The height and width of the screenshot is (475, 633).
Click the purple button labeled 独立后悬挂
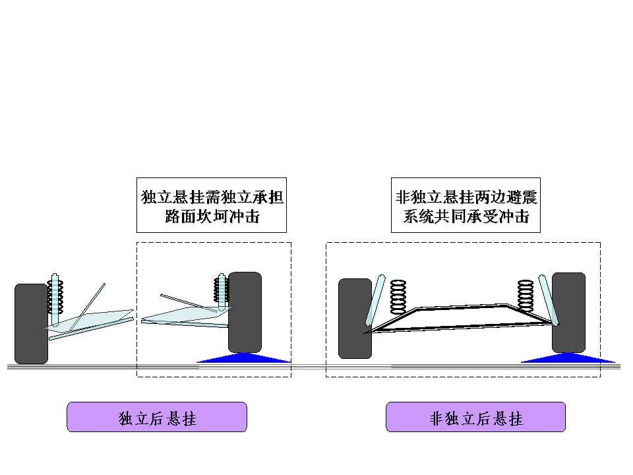click(x=157, y=417)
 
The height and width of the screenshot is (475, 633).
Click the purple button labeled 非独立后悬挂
click(x=475, y=417)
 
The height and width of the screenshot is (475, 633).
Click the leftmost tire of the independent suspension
click(x=31, y=323)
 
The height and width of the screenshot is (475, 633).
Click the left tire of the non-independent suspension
click(x=355, y=318)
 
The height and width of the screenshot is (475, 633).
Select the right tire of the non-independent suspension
click(x=568, y=311)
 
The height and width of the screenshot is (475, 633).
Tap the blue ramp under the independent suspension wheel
click(x=244, y=358)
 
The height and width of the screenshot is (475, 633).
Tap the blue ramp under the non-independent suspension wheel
click(x=568, y=358)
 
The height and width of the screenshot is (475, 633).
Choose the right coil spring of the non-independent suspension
click(x=525, y=296)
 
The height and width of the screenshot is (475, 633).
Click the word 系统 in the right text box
click(x=417, y=216)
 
